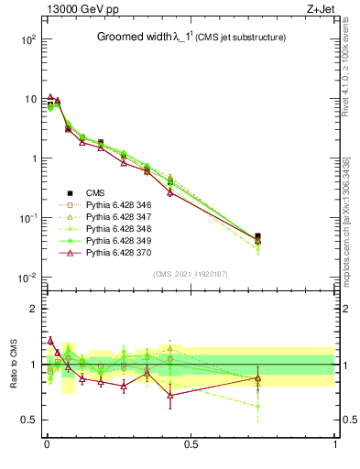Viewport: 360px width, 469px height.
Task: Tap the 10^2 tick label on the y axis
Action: pos(27,40)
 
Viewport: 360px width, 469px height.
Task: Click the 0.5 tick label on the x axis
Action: pos(191,444)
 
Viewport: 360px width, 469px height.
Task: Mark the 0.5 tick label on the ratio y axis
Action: pos(27,420)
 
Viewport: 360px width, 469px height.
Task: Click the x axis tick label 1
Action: pos(334,444)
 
